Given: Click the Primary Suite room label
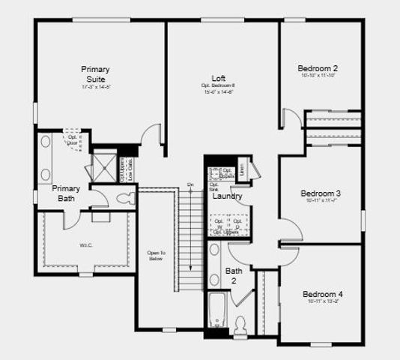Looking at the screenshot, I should pyautogui.click(x=95, y=73).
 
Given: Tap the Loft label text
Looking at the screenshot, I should pyautogui.click(x=219, y=78).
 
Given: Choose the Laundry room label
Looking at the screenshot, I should pyautogui.click(x=227, y=196).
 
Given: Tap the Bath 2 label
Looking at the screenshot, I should pyautogui.click(x=234, y=275).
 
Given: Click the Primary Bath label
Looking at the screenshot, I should pyautogui.click(x=66, y=193).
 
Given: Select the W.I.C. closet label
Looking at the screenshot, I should pyautogui.click(x=85, y=244).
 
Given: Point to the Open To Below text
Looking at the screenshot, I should pyautogui.click(x=155, y=255).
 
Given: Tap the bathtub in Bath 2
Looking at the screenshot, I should pyautogui.click(x=216, y=311).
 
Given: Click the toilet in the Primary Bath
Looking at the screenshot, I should pyautogui.click(x=126, y=198).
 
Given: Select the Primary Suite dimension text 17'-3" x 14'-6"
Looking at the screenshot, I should pyautogui.click(x=96, y=88).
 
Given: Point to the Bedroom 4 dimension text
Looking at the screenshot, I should pyautogui.click(x=323, y=302).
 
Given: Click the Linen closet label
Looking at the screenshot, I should pyautogui.click(x=242, y=169).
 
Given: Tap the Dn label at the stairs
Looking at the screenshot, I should pyautogui.click(x=190, y=184).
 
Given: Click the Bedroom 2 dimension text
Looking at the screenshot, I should pyautogui.click(x=320, y=76).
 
